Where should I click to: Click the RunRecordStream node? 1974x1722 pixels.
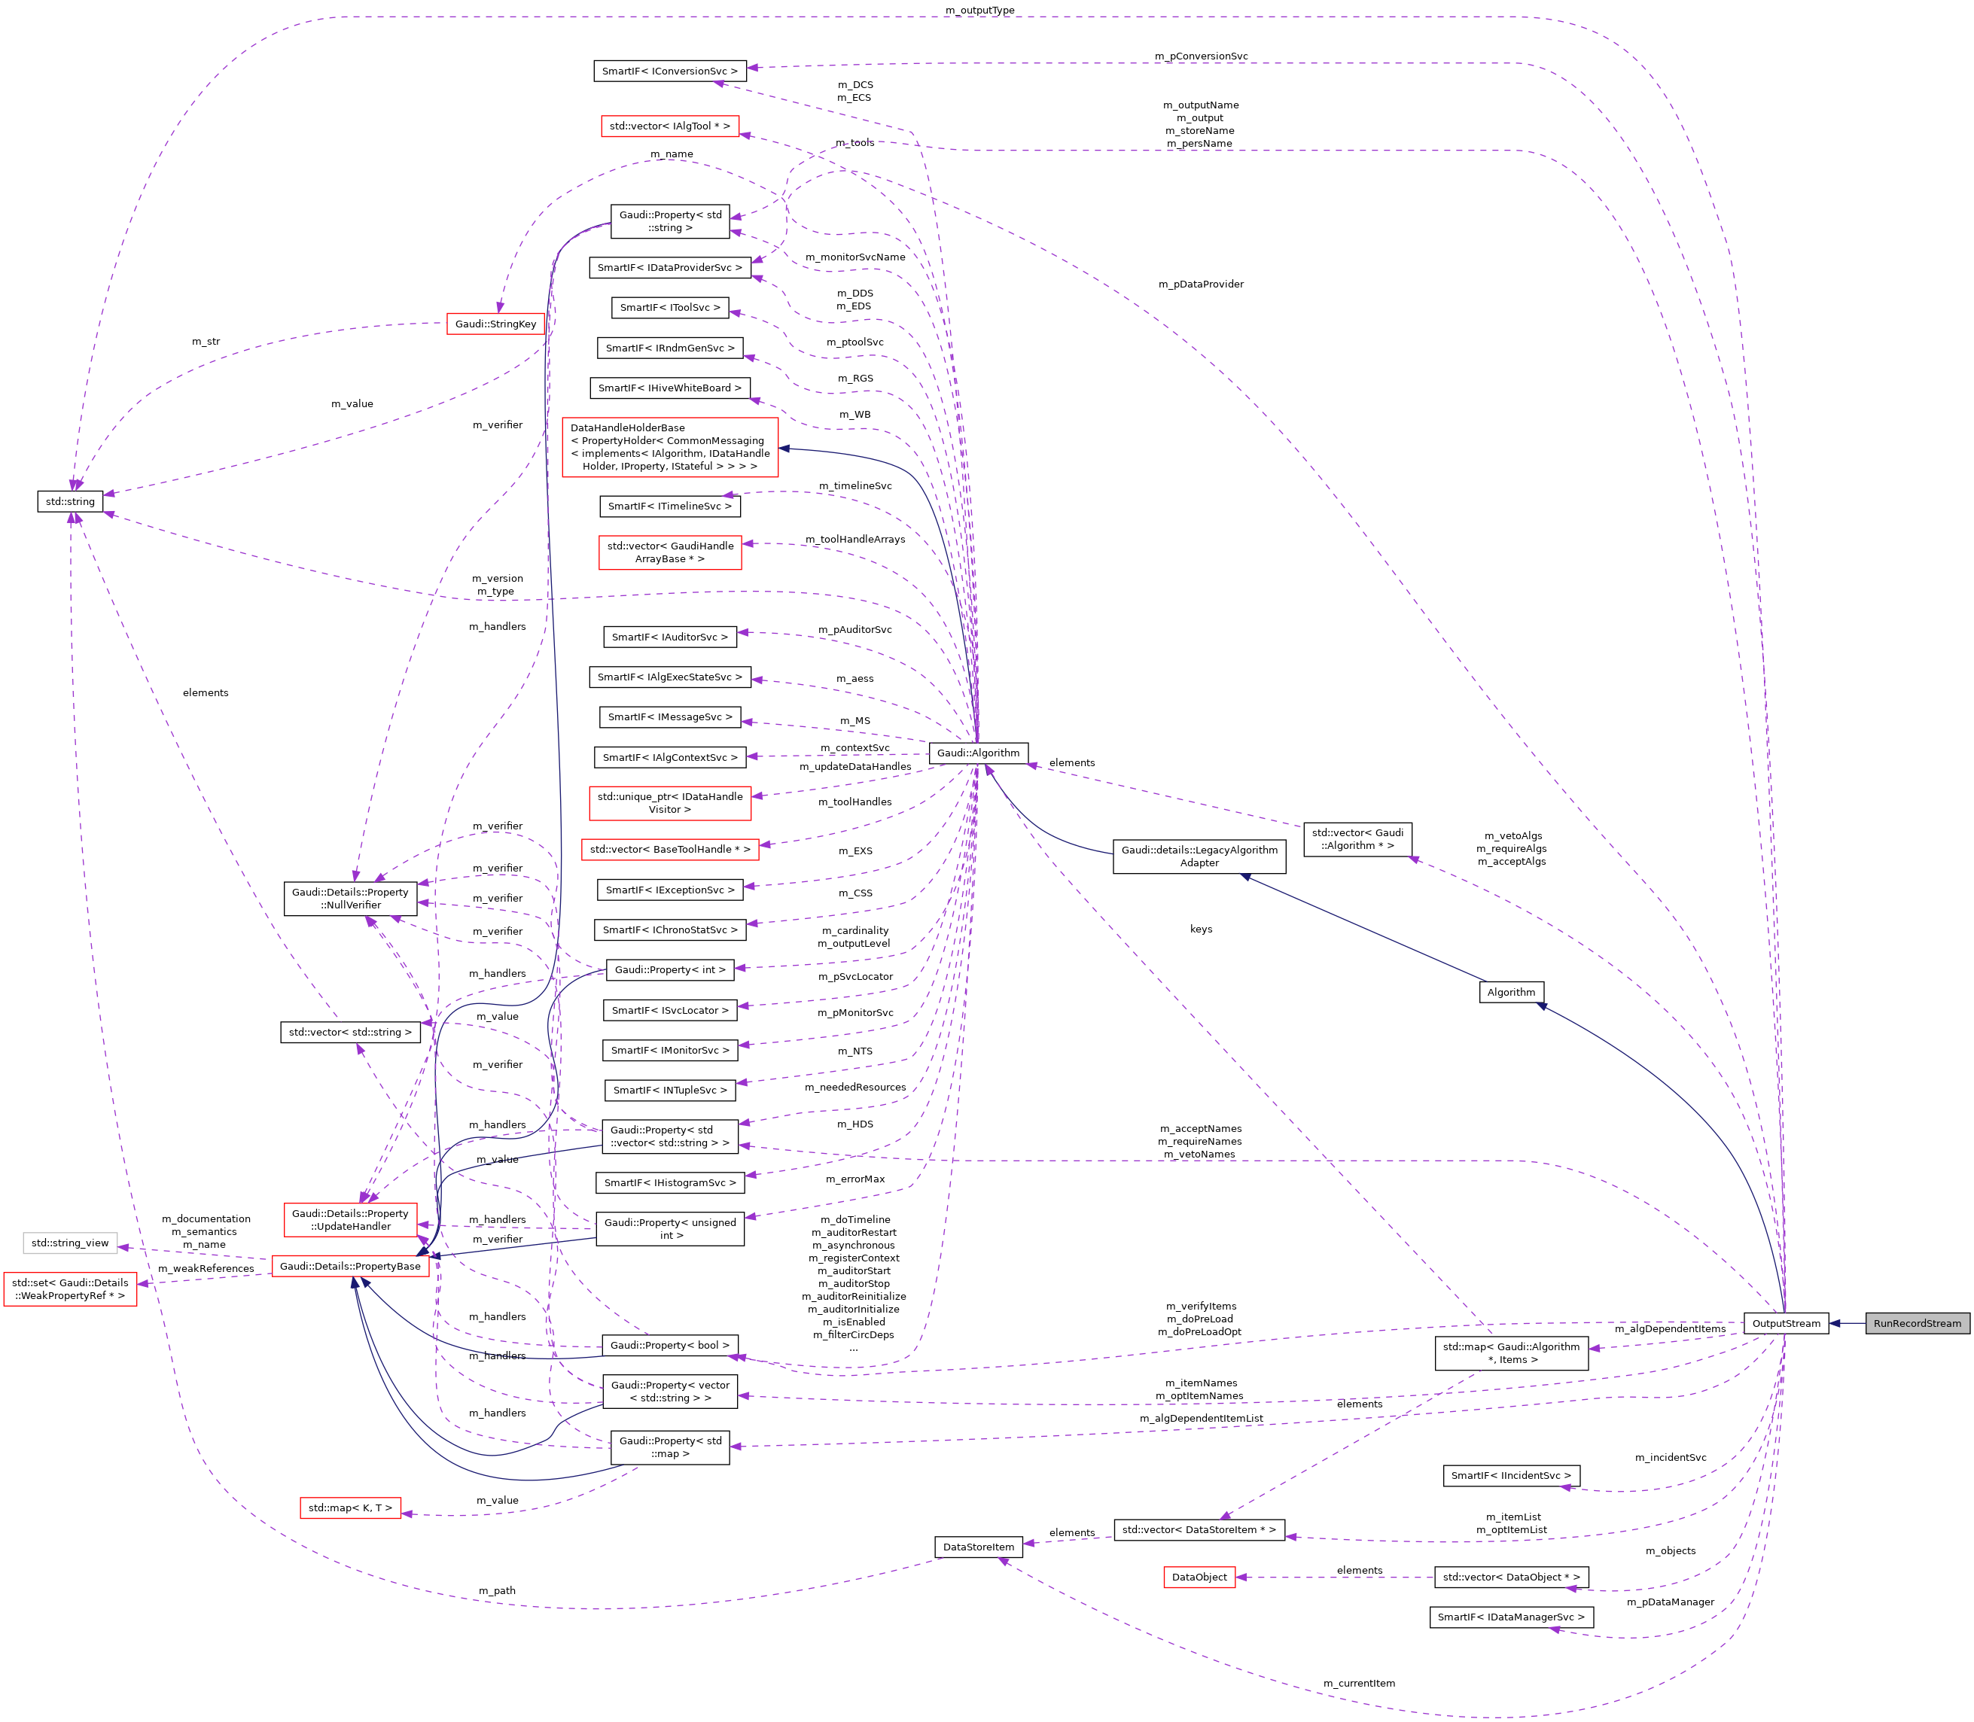(x=1916, y=1323)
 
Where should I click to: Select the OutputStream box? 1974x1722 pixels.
(x=1785, y=1323)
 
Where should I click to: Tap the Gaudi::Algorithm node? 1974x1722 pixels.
(x=979, y=753)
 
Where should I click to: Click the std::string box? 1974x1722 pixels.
(x=70, y=501)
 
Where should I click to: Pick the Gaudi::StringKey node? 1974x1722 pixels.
(x=496, y=324)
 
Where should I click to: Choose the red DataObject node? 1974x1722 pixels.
(x=1199, y=1577)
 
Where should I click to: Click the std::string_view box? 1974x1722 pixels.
(x=70, y=1243)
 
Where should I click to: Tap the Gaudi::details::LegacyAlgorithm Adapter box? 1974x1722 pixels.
(x=1199, y=856)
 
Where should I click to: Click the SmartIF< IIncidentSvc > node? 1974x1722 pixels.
(x=1511, y=1475)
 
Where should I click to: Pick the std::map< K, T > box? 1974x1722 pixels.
(x=350, y=1508)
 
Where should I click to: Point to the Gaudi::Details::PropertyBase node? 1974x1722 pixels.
(x=350, y=1266)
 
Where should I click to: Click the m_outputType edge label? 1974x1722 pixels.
(x=979, y=11)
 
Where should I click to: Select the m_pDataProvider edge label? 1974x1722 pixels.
(x=1200, y=284)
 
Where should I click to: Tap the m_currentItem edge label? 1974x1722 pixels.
(x=1359, y=1683)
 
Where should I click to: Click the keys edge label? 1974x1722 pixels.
(x=1200, y=929)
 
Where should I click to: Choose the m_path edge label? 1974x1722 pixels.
(x=497, y=1590)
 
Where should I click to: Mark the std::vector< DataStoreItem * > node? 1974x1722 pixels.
(x=1199, y=1529)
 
